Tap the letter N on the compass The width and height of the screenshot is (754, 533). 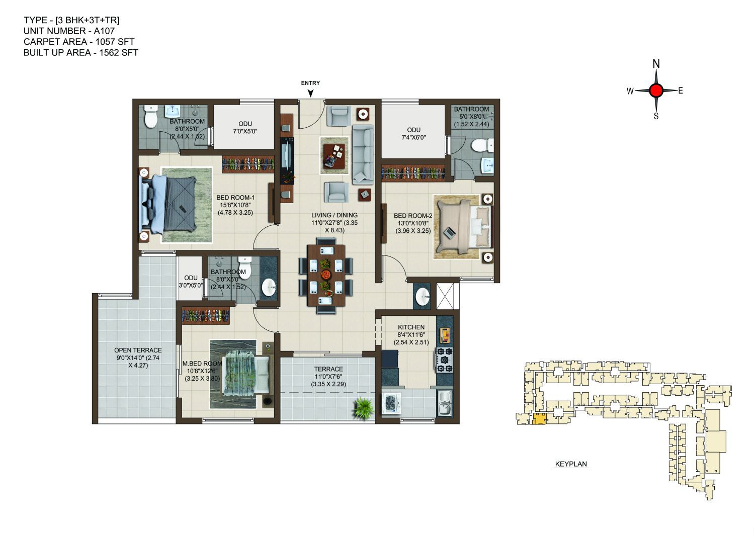[x=656, y=63]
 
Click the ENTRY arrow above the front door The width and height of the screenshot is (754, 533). [x=310, y=94]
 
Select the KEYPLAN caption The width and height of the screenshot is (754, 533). [x=571, y=464]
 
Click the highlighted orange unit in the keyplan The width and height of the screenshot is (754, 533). [x=539, y=419]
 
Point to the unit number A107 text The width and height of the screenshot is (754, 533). [x=104, y=31]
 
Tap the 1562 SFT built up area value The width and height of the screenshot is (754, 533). [x=119, y=52]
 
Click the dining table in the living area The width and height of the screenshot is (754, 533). [x=326, y=275]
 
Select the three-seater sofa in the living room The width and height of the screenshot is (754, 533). [x=363, y=154]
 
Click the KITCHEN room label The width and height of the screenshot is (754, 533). [x=411, y=327]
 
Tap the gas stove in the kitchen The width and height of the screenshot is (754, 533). [x=445, y=360]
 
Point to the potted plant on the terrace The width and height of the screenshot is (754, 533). [x=364, y=408]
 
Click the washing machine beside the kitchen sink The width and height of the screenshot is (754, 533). [x=391, y=403]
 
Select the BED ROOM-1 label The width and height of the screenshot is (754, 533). [x=235, y=198]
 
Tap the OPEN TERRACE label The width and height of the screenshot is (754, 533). [x=138, y=350]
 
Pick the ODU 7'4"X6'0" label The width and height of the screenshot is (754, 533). [x=413, y=134]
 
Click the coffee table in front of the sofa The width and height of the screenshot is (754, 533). [x=334, y=156]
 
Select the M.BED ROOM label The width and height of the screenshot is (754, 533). [x=202, y=364]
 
